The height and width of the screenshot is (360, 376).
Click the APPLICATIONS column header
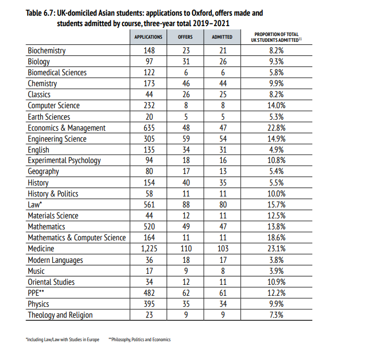pos(148,37)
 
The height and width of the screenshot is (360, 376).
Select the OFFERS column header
pos(185,37)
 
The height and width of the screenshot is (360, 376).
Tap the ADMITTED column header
pos(222,37)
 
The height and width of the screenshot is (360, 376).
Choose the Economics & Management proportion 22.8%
pos(276,128)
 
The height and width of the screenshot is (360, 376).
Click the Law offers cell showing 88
pos(185,205)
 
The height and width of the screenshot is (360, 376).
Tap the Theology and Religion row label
pos(60,315)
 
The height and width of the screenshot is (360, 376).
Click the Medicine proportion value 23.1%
pos(276,249)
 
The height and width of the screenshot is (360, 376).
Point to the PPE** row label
pos(37,293)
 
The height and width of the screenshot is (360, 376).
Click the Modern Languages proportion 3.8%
pos(276,260)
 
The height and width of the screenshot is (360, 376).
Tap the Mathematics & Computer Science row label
pos(77,238)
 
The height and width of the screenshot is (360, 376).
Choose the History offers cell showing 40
pos(185,183)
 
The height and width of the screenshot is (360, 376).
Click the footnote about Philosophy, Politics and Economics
pos(139,340)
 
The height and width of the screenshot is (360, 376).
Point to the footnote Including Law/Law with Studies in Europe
pos(62,340)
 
